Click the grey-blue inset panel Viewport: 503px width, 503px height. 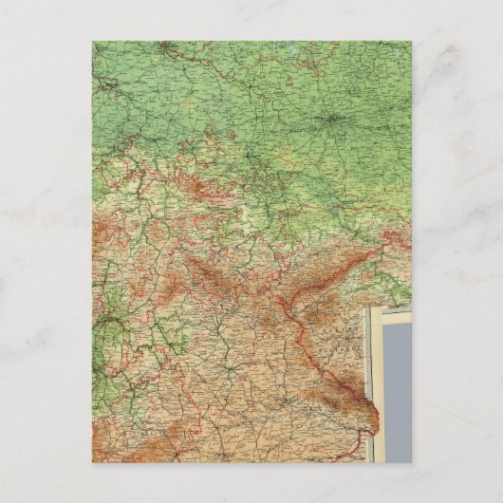pos(398,389)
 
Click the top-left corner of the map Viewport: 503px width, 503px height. pos(92,41)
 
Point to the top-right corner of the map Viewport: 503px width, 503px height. pos(412,41)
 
